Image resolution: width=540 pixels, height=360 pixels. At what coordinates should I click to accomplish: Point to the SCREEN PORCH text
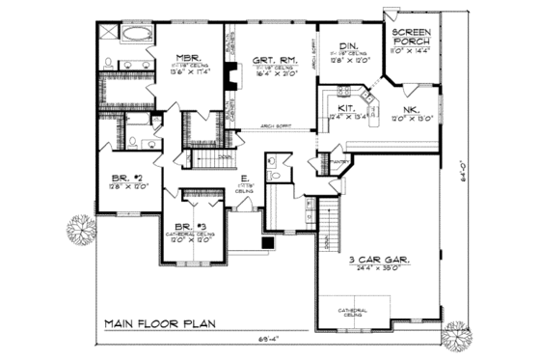tap(414, 38)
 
